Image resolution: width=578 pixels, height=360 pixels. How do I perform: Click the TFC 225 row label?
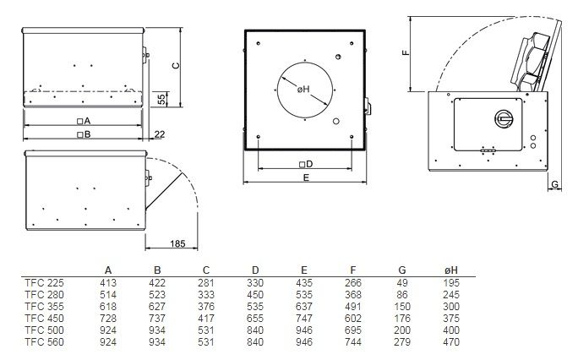(44, 283)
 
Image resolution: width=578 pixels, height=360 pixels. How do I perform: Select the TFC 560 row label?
(44, 342)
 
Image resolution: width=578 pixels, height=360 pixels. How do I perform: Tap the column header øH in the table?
(451, 270)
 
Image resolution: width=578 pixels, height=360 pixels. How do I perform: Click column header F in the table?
(353, 270)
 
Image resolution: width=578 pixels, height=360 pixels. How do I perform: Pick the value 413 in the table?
(108, 283)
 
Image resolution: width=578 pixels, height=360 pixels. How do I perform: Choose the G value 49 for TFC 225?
(402, 283)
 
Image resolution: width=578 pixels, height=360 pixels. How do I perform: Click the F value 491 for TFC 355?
(353, 307)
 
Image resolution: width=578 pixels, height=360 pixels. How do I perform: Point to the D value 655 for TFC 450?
(255, 319)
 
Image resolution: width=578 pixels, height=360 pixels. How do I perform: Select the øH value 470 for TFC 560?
(451, 342)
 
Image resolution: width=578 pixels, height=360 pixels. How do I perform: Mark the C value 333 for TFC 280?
(205, 295)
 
